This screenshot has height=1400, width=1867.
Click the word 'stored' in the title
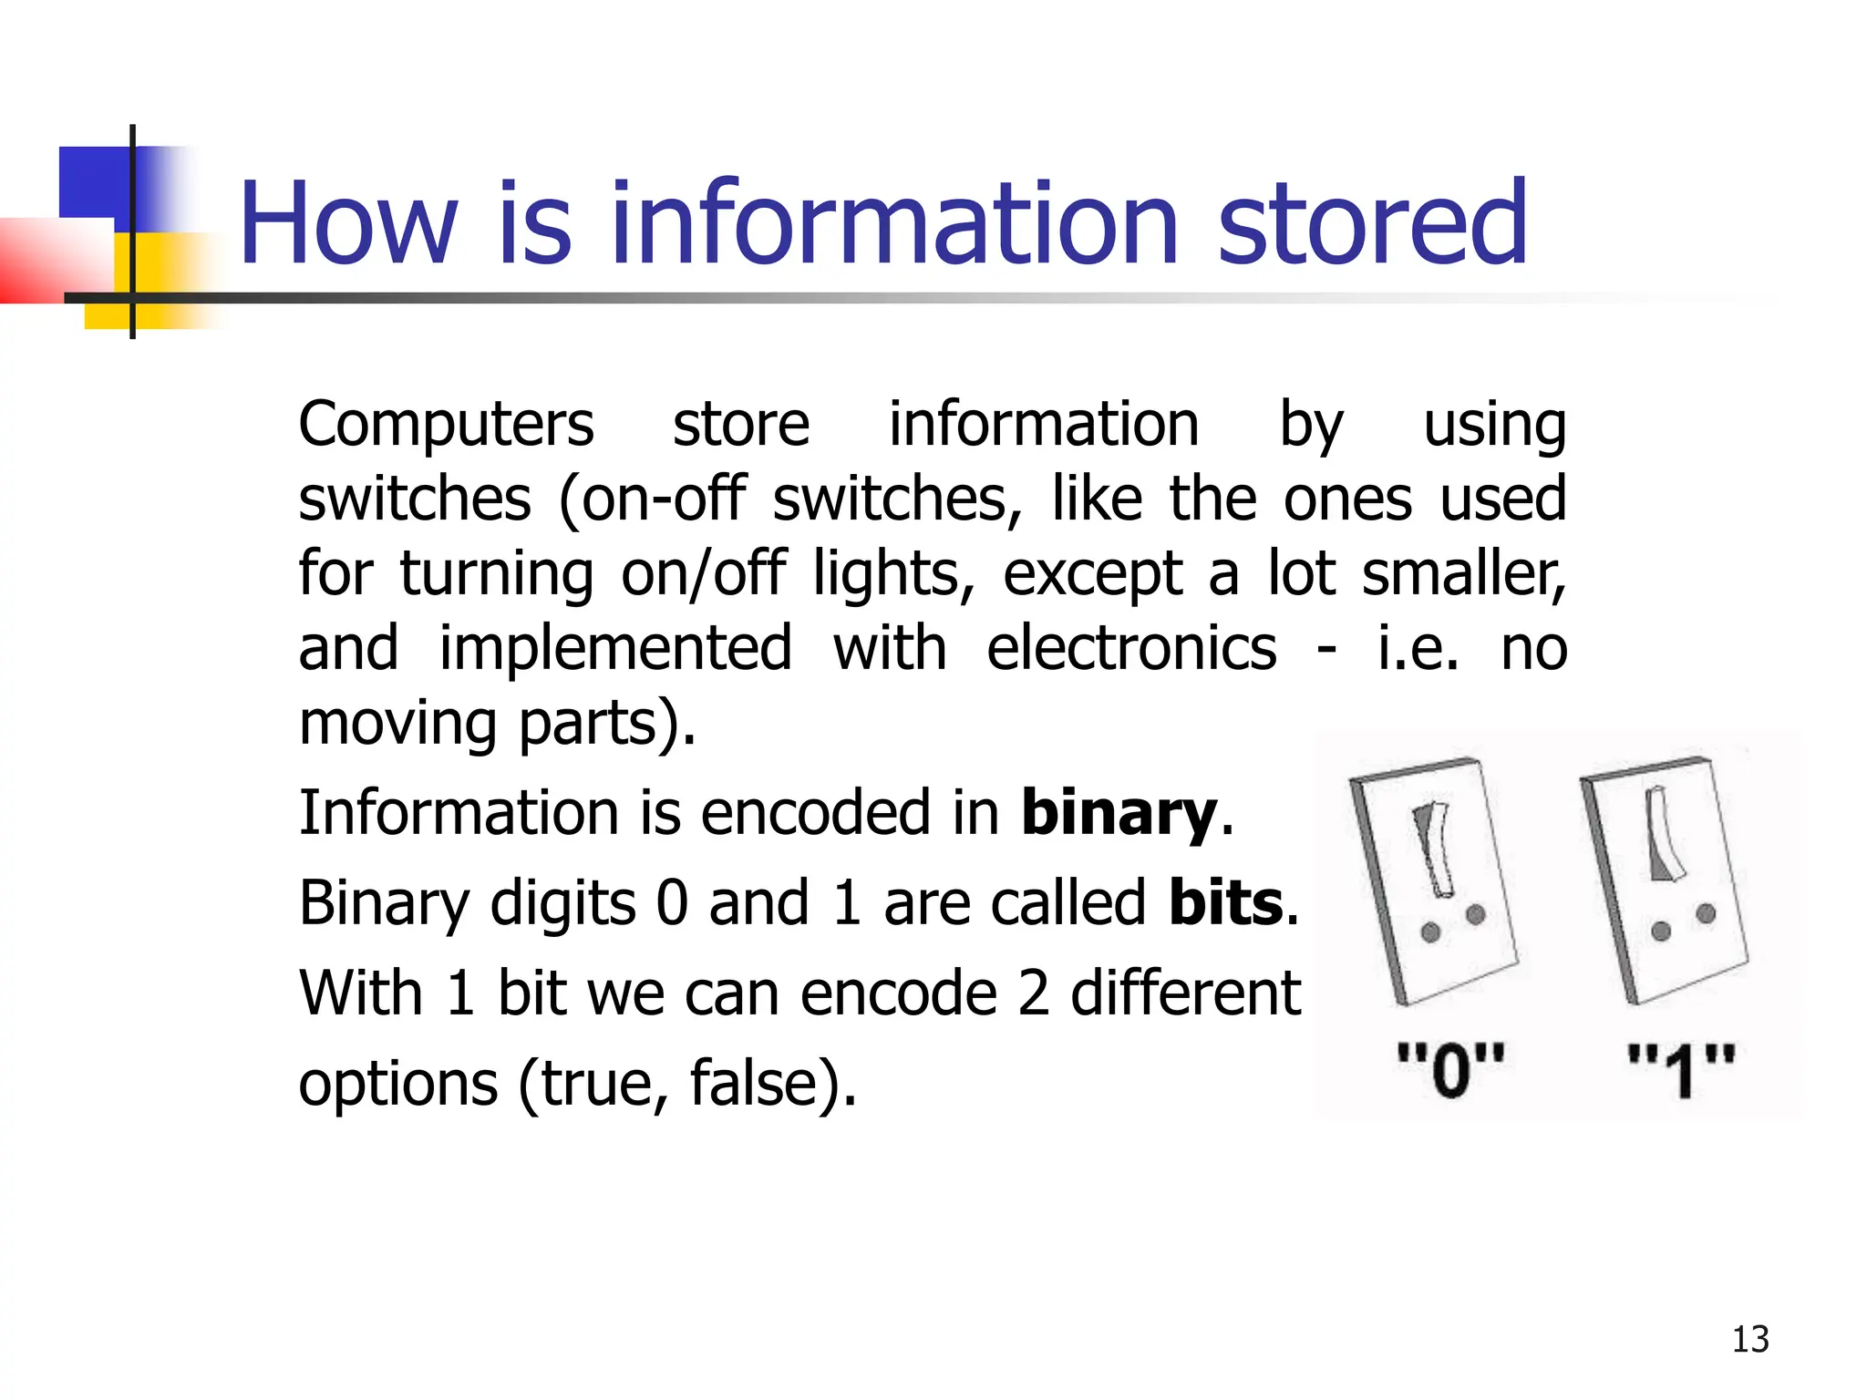click(x=1372, y=223)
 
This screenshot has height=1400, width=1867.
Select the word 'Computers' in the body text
click(x=446, y=425)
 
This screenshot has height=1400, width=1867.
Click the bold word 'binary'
click(x=1119, y=813)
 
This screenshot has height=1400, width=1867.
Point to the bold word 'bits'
click(x=1226, y=903)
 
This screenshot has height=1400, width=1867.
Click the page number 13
click(x=1749, y=1339)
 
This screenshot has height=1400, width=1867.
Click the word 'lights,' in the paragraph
click(x=893, y=574)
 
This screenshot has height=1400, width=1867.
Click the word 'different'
click(x=1185, y=993)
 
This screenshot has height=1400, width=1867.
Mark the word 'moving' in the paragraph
click(x=397, y=724)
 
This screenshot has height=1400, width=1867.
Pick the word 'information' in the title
click(x=895, y=223)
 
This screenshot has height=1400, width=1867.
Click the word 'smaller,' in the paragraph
click(x=1463, y=574)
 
